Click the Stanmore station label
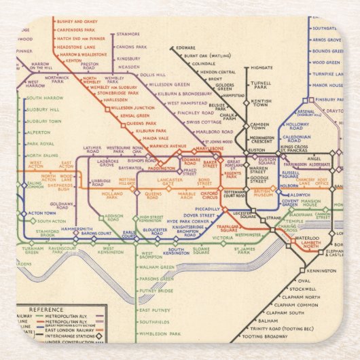click(x=128, y=33)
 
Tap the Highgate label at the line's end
click(x=262, y=68)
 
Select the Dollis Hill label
click(x=154, y=75)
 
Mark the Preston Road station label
click(x=90, y=67)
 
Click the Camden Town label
click(x=260, y=128)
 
